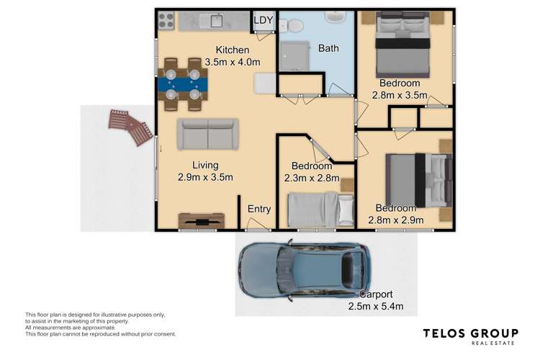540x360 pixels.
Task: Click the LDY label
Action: [x=264, y=20]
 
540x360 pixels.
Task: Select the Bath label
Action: [x=328, y=48]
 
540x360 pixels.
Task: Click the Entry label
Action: [x=259, y=210]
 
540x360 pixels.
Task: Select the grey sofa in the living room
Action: [x=207, y=134]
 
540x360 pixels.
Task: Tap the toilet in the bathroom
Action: [x=291, y=26]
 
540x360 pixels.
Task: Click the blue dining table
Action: [x=182, y=84]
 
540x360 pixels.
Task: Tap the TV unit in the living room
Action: [x=201, y=220]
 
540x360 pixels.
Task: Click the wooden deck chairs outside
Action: [x=130, y=127]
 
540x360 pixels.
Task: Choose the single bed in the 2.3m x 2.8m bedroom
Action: [x=320, y=209]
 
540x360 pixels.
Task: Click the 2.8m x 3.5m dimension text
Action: [x=400, y=95]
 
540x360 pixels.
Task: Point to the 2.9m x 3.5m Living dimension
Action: [x=205, y=177]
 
